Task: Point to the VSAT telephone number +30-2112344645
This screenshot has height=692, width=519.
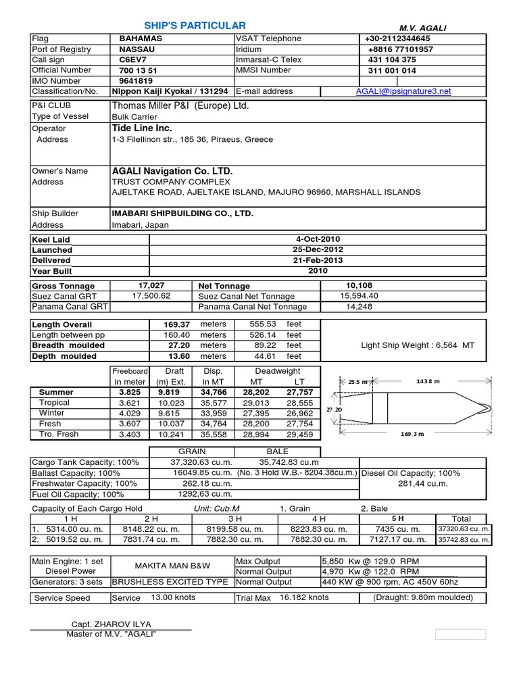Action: (398, 39)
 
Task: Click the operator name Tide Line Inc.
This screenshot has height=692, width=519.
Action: (142, 128)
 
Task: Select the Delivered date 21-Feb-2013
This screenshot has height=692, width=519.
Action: (317, 260)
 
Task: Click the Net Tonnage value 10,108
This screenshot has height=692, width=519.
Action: (359, 285)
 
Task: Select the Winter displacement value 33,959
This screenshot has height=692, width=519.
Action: (213, 412)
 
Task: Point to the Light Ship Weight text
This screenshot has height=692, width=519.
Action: (418, 345)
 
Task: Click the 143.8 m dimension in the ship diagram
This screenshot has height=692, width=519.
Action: (428, 381)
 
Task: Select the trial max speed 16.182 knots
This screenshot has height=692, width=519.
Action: (302, 597)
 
